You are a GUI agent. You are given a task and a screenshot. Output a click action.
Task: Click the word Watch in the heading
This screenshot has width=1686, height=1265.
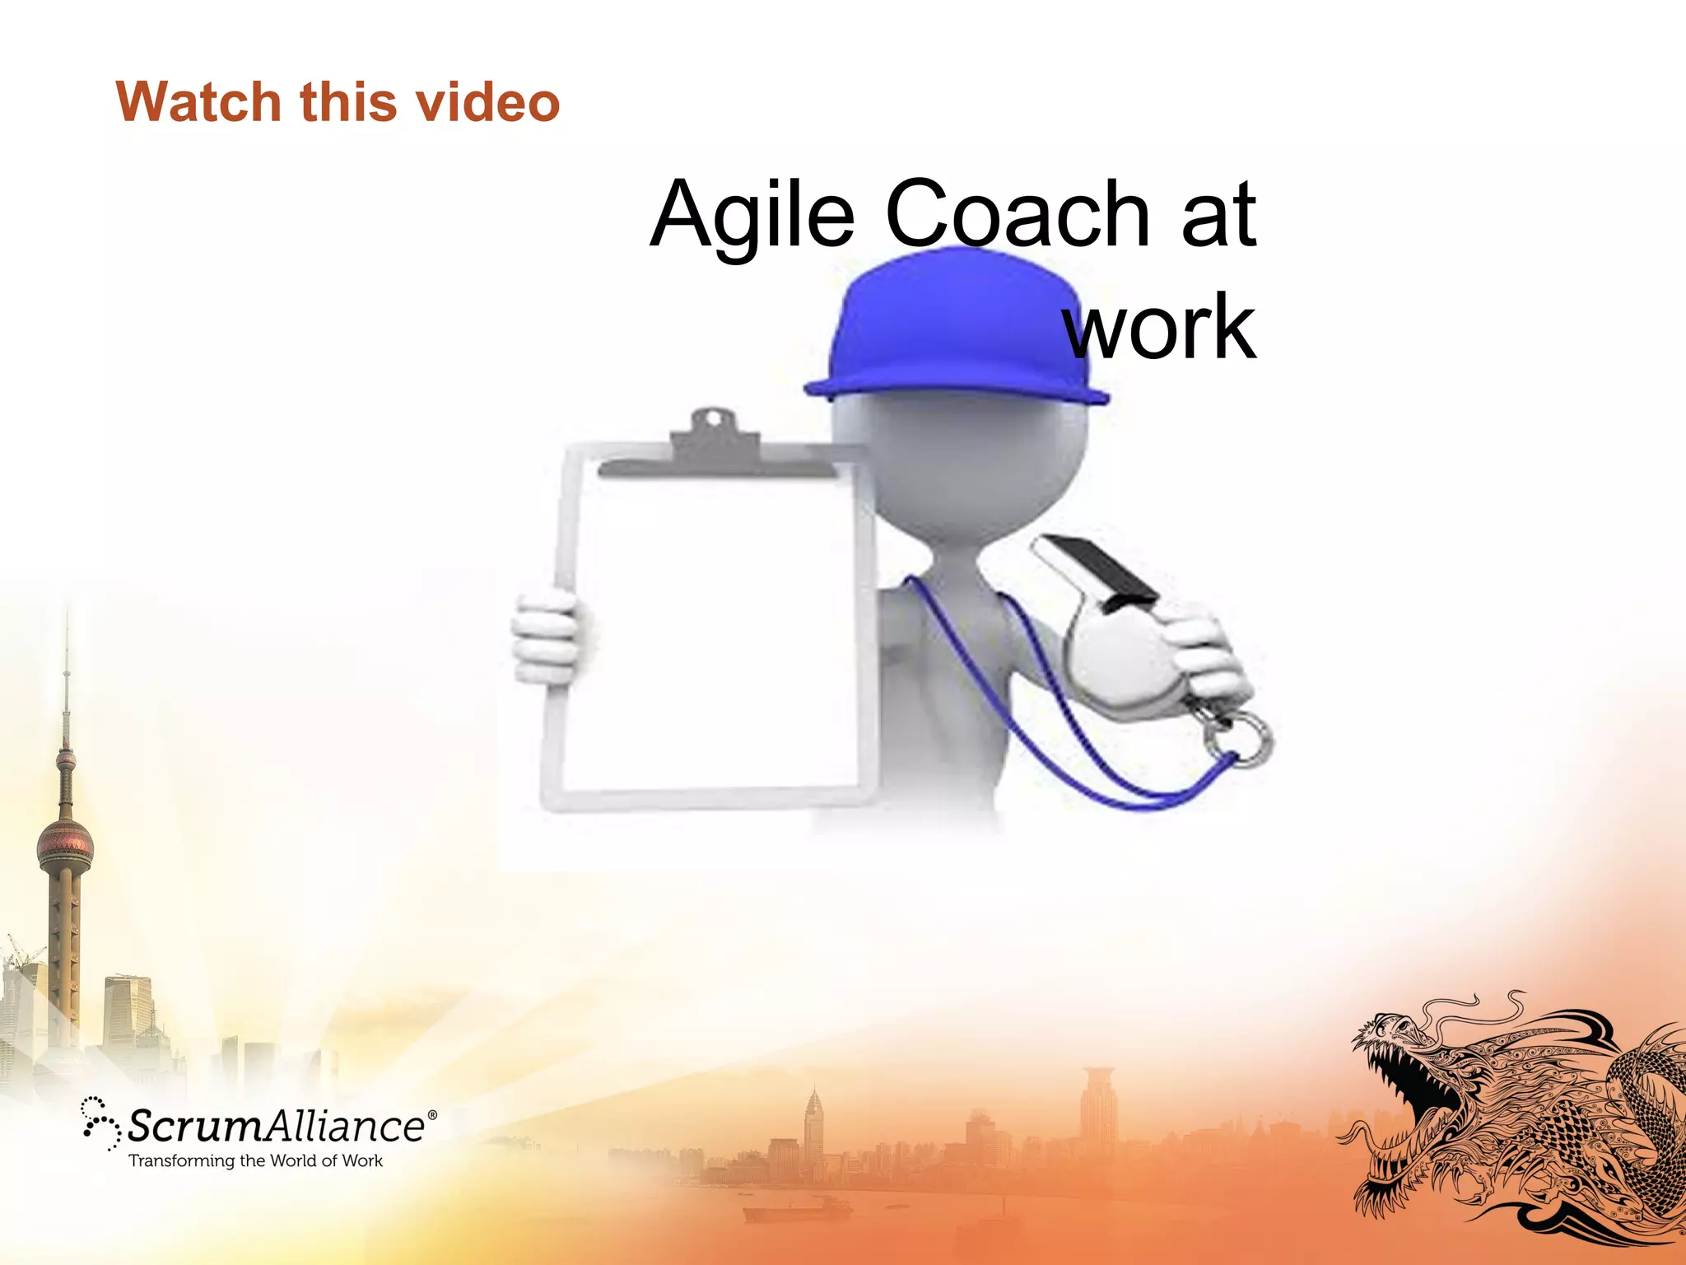[198, 102]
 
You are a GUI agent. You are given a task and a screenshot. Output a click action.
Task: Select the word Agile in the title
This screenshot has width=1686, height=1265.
[752, 216]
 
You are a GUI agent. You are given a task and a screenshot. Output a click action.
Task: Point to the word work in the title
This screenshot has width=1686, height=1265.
[1161, 327]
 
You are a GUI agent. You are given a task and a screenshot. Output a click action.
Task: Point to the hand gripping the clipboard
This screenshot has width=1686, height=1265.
[547, 638]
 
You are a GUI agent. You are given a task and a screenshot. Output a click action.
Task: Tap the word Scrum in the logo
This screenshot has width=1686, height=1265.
[193, 1126]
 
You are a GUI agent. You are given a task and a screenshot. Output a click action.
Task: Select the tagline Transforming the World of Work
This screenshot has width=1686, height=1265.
[255, 1161]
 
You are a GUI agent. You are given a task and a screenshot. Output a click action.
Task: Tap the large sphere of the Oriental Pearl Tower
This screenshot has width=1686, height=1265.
[64, 844]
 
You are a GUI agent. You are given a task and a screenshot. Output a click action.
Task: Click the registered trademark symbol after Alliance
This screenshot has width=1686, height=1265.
[432, 1115]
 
